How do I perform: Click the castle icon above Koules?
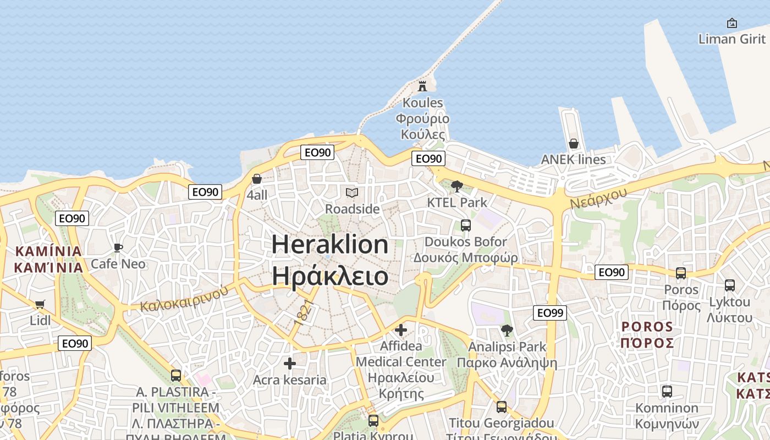(422, 86)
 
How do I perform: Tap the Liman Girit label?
(732, 38)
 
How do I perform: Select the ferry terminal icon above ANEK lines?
(574, 144)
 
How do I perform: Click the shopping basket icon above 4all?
(257, 179)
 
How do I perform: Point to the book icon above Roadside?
(352, 193)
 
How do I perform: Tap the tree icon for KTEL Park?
(457, 186)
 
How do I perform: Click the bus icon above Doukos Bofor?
(466, 225)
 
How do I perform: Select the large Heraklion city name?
(330, 244)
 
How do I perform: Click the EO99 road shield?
(550, 313)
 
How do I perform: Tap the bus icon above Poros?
(681, 273)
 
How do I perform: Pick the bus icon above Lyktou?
(730, 285)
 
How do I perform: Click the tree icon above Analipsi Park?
(507, 331)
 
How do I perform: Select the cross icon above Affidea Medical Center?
(401, 330)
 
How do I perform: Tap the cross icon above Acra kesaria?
(290, 364)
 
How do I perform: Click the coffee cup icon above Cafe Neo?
(118, 248)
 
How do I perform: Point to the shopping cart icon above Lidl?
(40, 304)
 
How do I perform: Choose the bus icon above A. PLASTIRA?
(176, 376)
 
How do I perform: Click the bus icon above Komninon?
(667, 392)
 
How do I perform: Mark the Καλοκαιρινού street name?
(184, 299)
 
